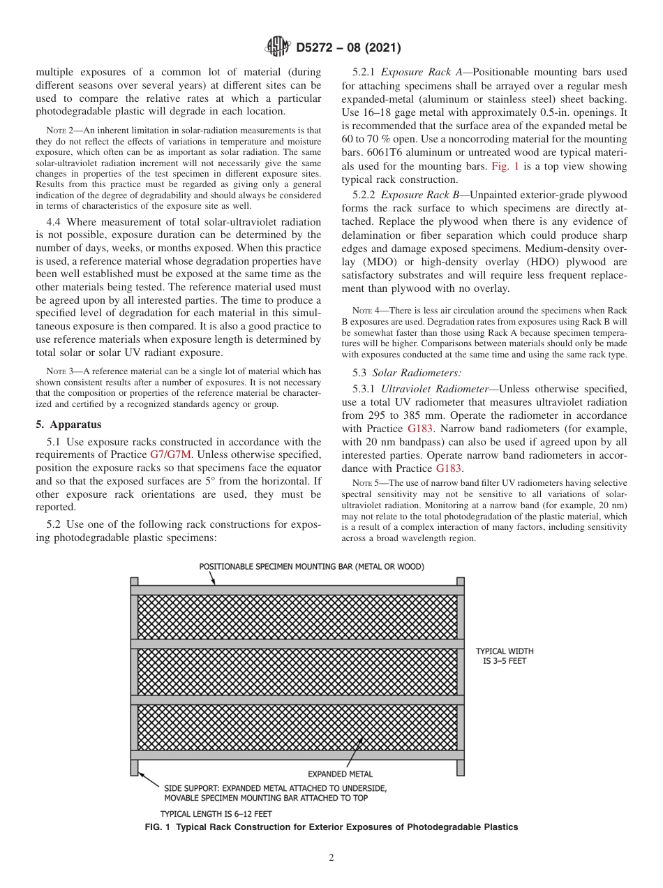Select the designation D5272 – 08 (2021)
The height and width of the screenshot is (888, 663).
[348, 48]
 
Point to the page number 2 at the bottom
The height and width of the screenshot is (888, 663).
[331, 858]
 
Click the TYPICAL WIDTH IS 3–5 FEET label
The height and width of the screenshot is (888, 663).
[504, 656]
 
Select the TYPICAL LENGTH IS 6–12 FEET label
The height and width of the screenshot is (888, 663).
[216, 813]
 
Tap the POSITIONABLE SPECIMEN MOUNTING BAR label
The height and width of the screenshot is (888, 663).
[311, 566]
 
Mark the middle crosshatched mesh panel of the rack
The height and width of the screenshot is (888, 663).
[297, 672]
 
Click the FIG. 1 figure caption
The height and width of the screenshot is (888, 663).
[331, 827]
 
